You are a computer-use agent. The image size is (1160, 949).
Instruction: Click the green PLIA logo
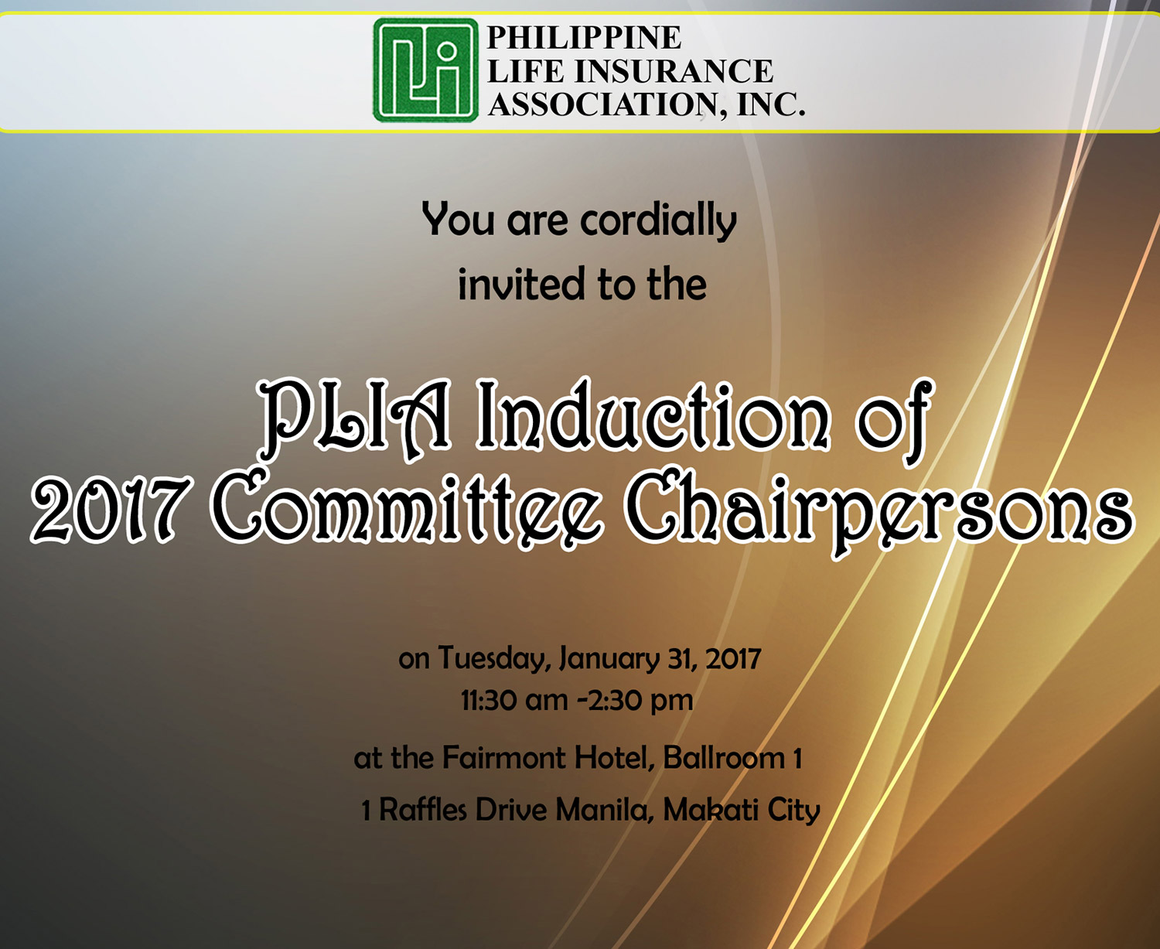coord(425,70)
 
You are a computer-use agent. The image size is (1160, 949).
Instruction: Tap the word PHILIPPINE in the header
coord(584,37)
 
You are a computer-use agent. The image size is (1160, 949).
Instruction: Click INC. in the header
coord(772,104)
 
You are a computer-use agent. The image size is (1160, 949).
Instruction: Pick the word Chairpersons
coord(878,512)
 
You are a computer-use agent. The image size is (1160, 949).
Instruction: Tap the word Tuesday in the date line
coord(493,659)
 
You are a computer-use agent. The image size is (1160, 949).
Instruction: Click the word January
coord(609,659)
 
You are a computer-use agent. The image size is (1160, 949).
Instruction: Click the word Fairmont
coord(503,759)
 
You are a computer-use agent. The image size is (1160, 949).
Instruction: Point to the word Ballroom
coord(724,759)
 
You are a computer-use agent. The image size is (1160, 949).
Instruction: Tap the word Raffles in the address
coord(423,811)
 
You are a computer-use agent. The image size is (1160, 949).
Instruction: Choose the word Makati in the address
coord(711,811)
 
